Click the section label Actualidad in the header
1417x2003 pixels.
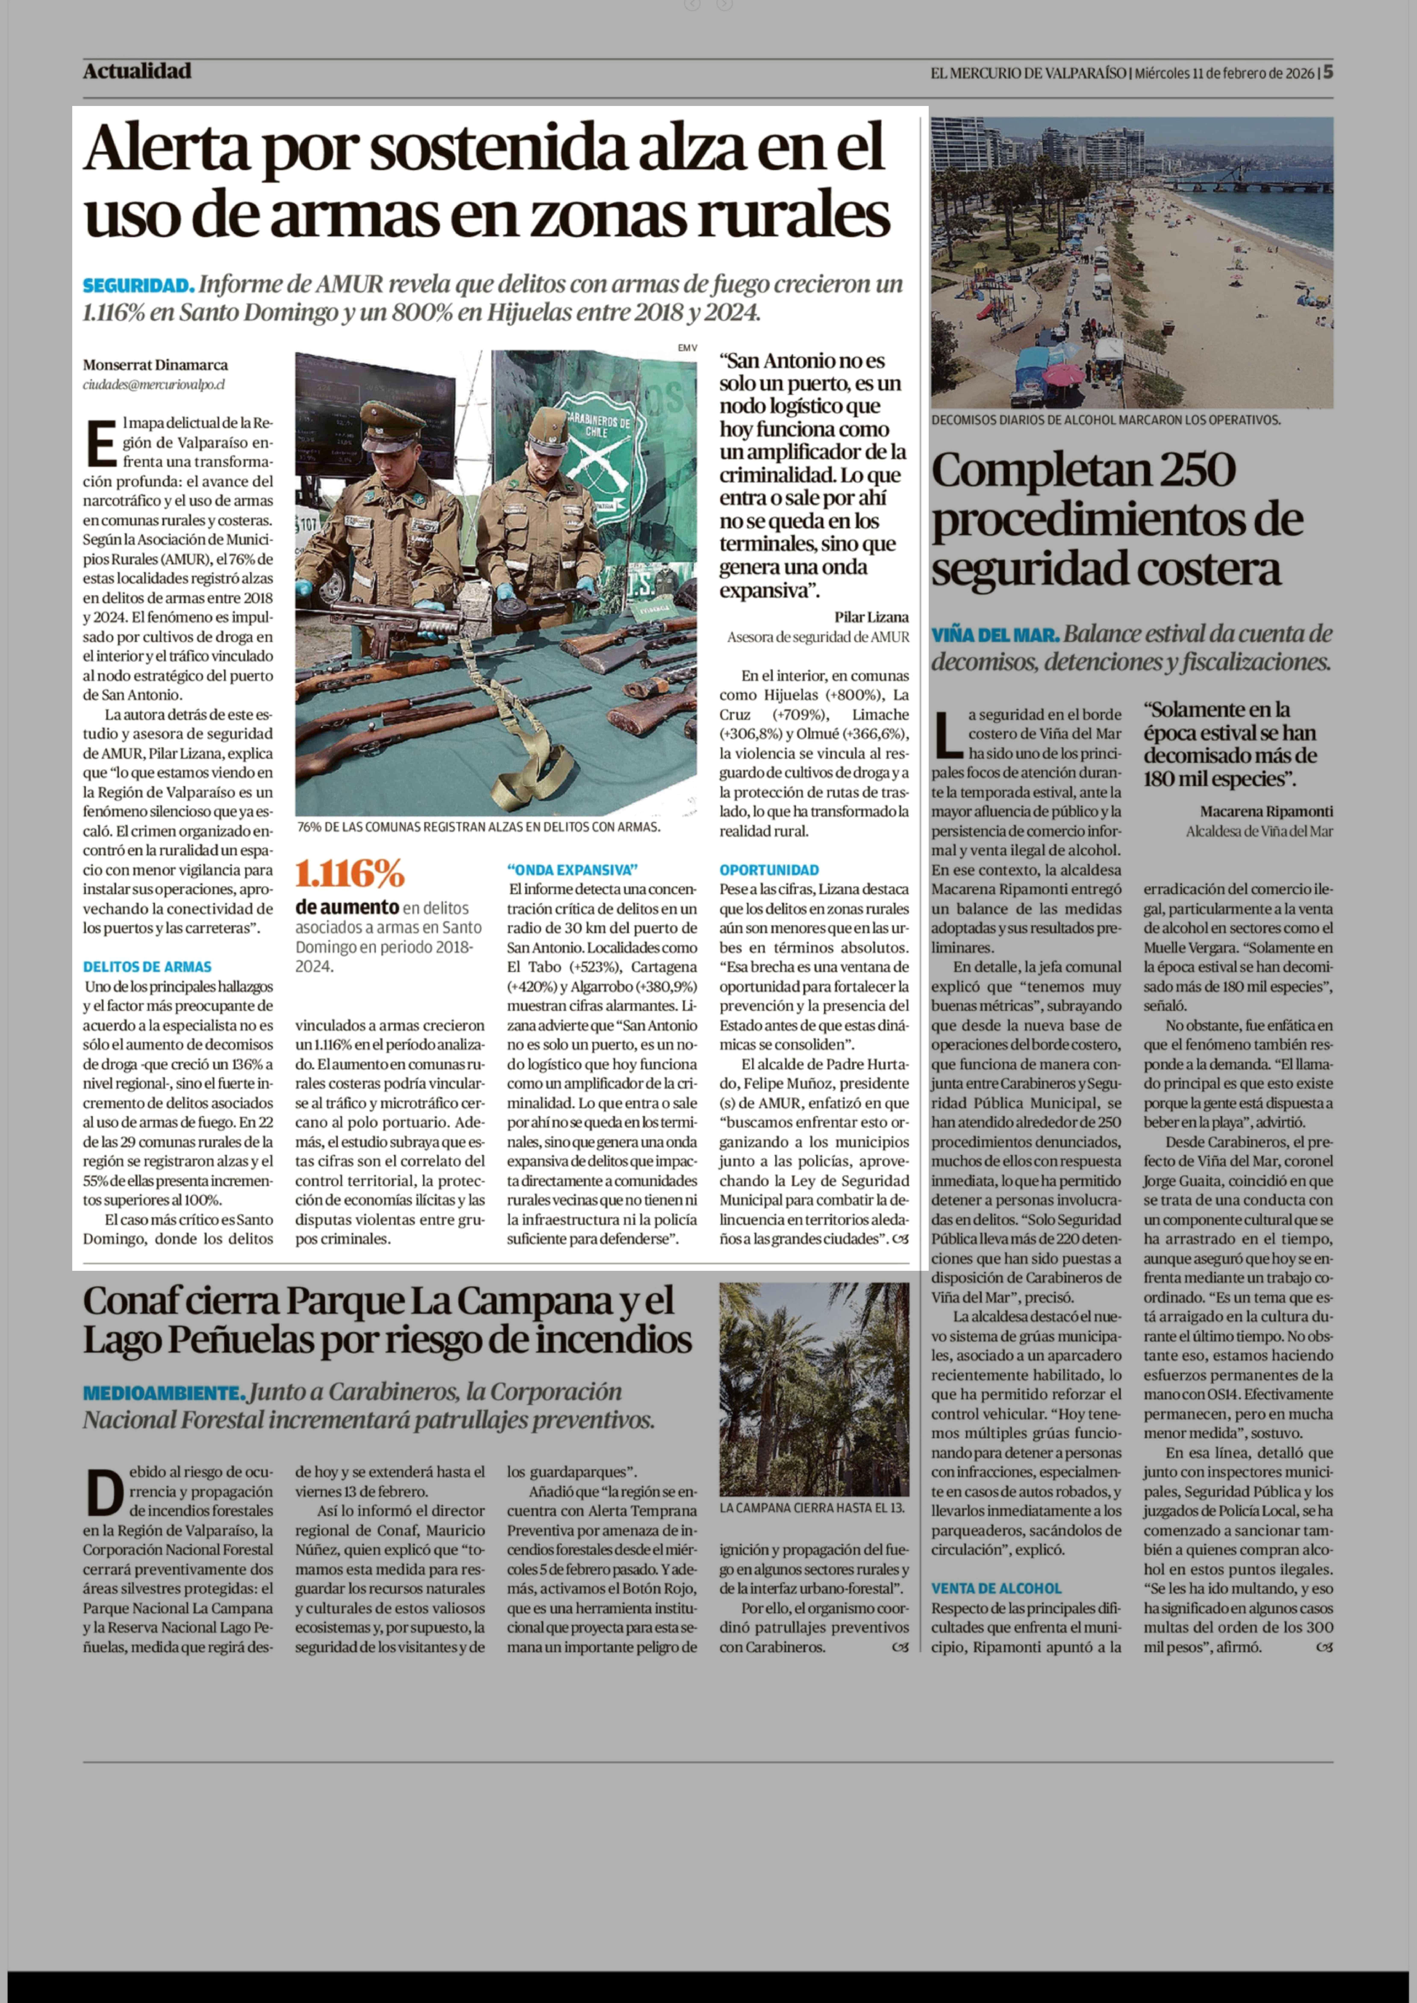click(137, 72)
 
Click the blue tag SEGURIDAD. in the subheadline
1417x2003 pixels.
click(138, 285)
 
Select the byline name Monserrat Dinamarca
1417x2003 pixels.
click(155, 365)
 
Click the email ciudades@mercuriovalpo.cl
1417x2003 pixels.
click(155, 384)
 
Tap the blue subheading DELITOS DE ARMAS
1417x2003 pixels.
click(147, 967)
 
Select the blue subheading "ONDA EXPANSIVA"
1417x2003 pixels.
click(572, 870)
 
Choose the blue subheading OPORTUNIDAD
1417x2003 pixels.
click(769, 870)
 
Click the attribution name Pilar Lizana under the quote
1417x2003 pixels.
click(871, 617)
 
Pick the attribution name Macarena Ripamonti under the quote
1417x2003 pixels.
click(1266, 811)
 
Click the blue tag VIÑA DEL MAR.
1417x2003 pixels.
click(995, 634)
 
